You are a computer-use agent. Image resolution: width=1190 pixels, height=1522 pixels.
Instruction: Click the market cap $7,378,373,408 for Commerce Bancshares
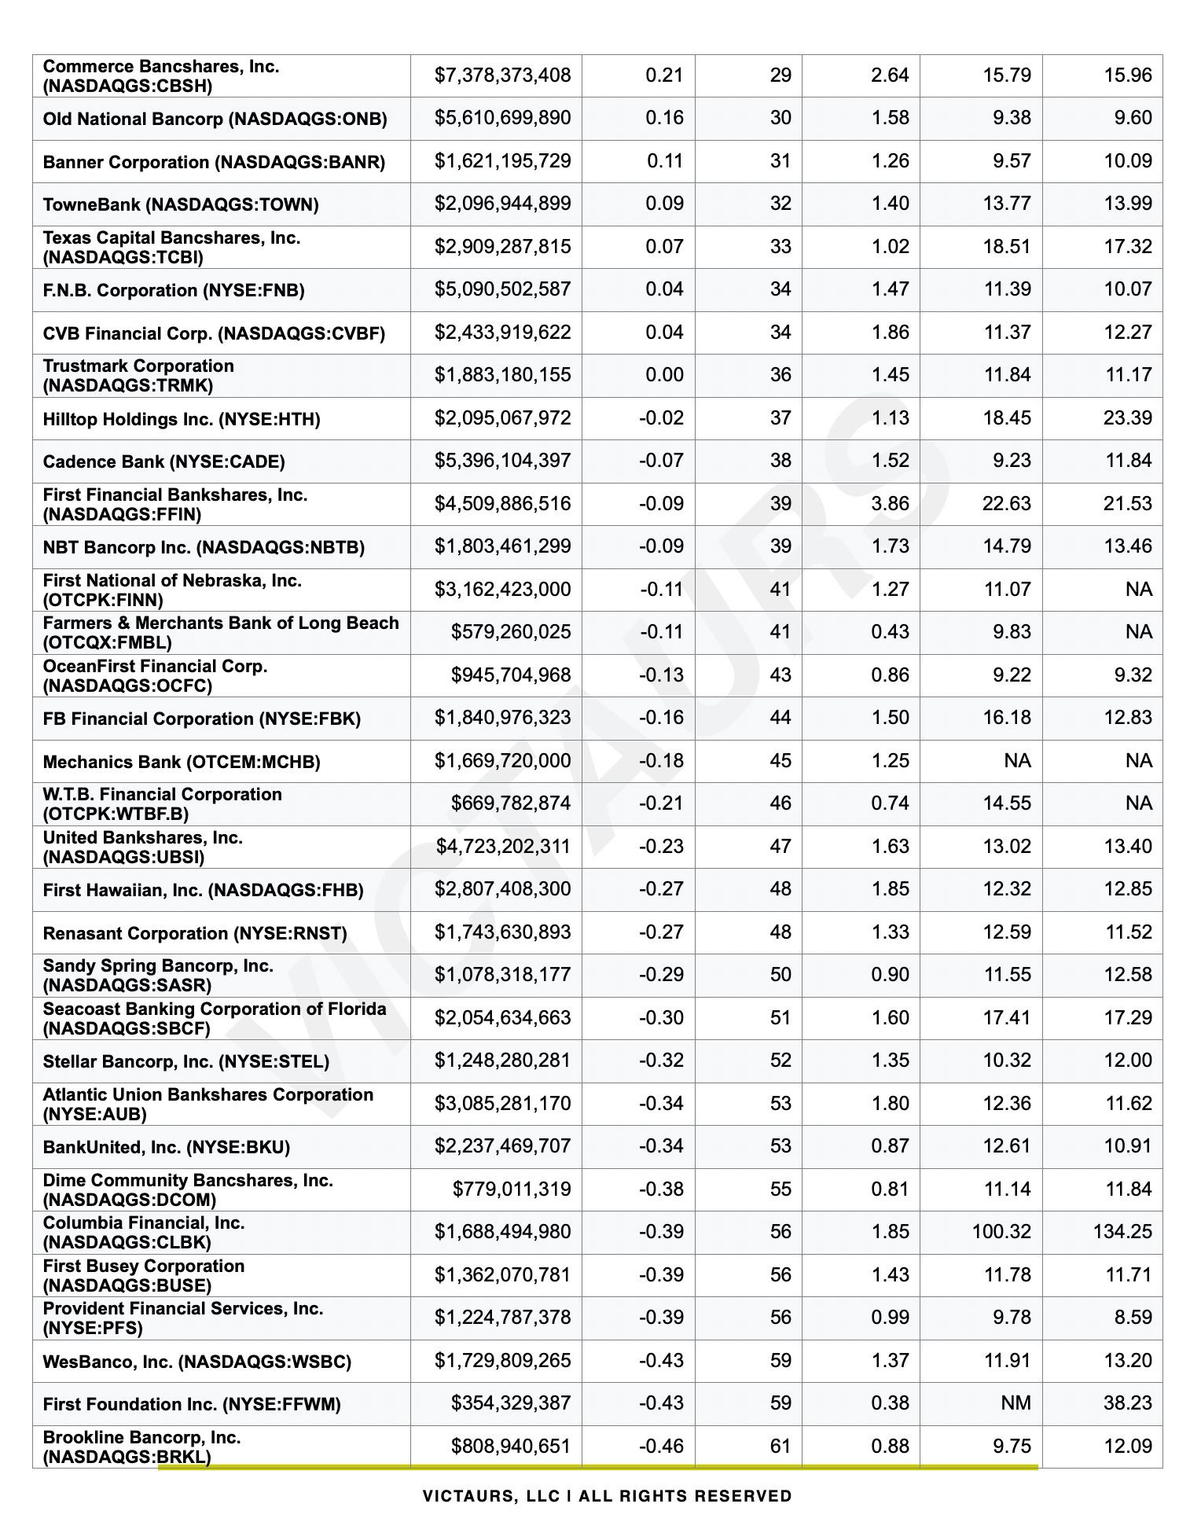pyautogui.click(x=502, y=75)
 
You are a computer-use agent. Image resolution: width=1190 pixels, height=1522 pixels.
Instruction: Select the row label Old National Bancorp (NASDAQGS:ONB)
pyautogui.click(x=215, y=119)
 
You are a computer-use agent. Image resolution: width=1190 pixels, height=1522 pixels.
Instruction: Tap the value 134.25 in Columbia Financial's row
pyautogui.click(x=1122, y=1231)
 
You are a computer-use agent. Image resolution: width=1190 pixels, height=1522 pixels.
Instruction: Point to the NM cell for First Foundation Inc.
pyautogui.click(x=1016, y=1403)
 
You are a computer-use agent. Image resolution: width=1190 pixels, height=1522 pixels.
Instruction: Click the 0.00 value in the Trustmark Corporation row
pyautogui.click(x=664, y=375)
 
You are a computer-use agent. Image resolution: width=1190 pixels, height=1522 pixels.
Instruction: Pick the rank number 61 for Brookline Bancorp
pyautogui.click(x=780, y=1446)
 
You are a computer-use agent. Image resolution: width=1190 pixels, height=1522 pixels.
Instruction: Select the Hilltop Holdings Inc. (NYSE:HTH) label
pyautogui.click(x=182, y=419)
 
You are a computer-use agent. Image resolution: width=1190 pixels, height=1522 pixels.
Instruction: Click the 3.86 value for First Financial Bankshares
pyautogui.click(x=890, y=503)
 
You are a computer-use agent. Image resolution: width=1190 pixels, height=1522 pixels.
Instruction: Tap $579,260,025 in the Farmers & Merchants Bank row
pyautogui.click(x=510, y=632)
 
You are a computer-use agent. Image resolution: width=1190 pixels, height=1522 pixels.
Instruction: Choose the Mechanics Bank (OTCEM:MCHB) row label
pyautogui.click(x=182, y=762)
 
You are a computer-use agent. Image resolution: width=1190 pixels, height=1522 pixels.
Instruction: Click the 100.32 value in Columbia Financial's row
pyautogui.click(x=1001, y=1231)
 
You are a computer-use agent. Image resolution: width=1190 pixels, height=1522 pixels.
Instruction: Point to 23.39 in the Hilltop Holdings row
pyautogui.click(x=1127, y=417)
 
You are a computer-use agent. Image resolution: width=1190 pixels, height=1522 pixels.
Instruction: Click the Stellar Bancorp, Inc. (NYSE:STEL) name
pyautogui.click(x=186, y=1061)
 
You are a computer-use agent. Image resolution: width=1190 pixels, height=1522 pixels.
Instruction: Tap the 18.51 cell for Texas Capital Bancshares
pyautogui.click(x=1006, y=246)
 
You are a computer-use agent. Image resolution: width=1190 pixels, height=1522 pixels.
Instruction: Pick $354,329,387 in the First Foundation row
pyautogui.click(x=510, y=1403)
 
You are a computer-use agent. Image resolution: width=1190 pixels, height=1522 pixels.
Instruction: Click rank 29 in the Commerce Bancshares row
pyautogui.click(x=780, y=75)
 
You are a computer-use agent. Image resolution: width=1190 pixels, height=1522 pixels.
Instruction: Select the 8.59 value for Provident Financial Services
pyautogui.click(x=1133, y=1317)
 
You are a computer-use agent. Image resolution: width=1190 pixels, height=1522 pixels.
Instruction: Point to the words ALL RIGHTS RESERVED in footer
pyautogui.click(x=685, y=1495)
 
